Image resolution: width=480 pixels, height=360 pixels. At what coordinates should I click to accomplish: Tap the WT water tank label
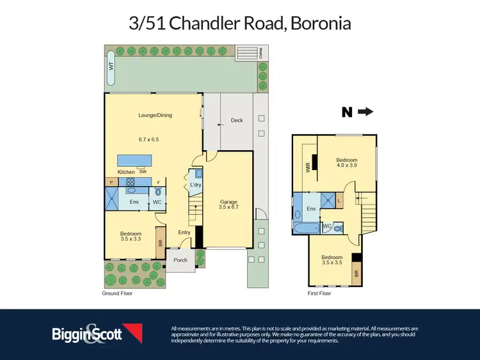[111, 66]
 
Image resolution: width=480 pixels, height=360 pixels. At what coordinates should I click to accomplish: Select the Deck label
[236, 120]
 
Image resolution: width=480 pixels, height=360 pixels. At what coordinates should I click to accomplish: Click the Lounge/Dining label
[155, 116]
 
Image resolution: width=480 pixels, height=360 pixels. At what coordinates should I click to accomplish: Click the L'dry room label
[196, 185]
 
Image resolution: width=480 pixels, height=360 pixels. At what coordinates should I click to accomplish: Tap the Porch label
[180, 260]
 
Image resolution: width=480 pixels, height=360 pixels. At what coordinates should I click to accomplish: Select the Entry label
[184, 232]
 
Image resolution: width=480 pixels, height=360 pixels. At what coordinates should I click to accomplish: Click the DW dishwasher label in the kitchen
[142, 171]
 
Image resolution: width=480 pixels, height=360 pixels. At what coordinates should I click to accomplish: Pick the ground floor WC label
[157, 202]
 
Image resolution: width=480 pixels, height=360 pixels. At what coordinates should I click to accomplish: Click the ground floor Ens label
[134, 202]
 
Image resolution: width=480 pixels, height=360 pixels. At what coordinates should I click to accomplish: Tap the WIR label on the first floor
[308, 168]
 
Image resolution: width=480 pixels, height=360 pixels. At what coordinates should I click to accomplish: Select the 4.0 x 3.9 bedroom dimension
[346, 166]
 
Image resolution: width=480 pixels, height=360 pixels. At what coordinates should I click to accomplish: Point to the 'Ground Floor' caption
[117, 293]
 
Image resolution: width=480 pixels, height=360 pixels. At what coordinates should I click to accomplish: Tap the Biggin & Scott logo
[96, 333]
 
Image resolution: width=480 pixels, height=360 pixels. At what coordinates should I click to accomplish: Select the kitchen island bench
[134, 160]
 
